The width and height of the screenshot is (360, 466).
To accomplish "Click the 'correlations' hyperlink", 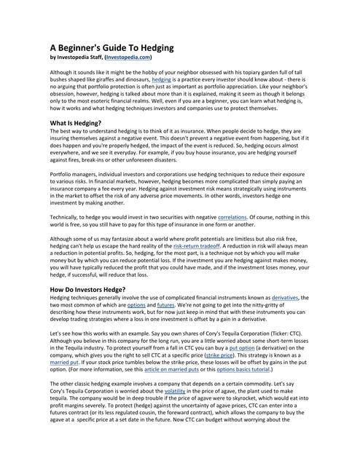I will click(232, 217).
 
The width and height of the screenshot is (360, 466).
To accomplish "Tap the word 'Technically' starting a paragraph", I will click(67, 217).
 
